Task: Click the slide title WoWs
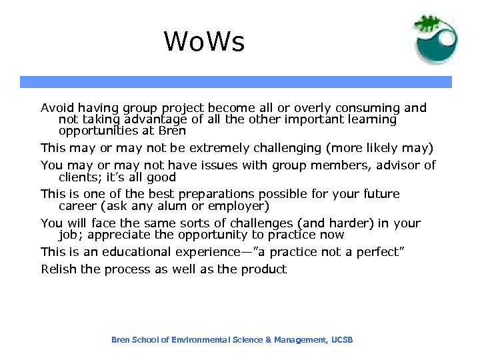tap(205, 42)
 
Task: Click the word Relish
tap(57, 269)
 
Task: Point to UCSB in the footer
tap(342, 340)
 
